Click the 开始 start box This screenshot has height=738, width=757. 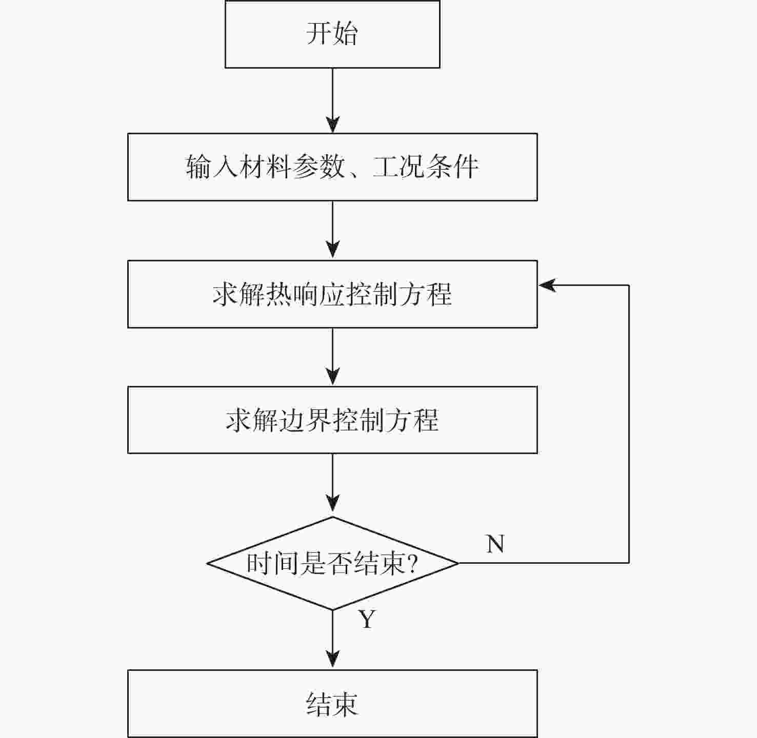332,34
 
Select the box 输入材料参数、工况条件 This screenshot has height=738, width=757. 332,167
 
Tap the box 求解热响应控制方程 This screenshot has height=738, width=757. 332,294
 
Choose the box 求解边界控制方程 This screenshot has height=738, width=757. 332,420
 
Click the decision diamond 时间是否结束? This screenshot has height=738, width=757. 332,563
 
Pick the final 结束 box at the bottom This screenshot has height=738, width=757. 332,704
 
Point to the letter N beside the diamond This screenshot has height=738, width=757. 495,544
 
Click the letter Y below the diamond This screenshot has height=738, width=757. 367,620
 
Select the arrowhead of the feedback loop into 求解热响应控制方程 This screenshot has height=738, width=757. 547,285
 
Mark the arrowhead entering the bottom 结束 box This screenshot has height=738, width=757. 333,659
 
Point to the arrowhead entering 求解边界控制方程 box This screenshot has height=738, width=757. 333,377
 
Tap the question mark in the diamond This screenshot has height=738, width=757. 411,564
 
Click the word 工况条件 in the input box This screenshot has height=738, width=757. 426,167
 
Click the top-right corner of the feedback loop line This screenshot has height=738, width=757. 629,285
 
